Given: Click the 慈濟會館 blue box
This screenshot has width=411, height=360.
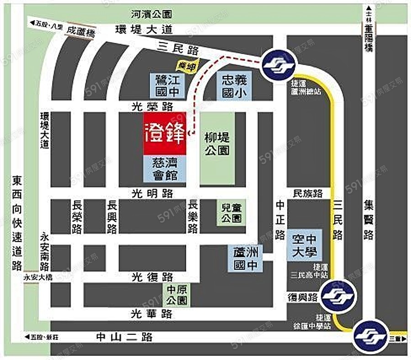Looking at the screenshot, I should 165,169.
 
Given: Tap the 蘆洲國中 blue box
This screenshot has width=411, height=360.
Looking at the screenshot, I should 245,258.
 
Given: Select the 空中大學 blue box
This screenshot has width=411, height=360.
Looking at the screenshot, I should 304,245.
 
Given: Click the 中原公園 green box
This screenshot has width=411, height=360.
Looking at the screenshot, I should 176,295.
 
